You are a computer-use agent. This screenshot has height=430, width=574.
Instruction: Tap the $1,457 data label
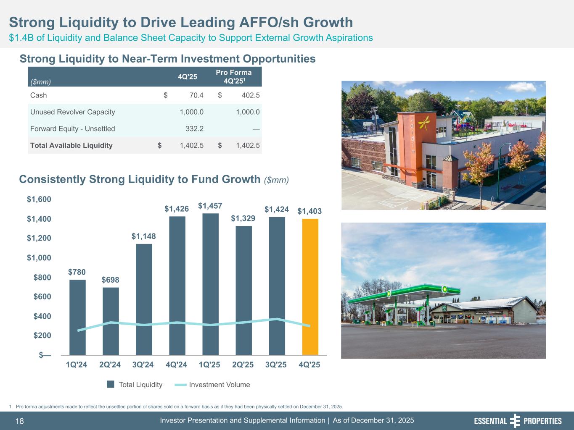pyautogui.click(x=210, y=206)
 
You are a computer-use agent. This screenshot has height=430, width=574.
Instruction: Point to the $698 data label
pyautogui.click(x=110, y=280)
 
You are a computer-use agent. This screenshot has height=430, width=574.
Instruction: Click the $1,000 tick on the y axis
pyautogui.click(x=39, y=257)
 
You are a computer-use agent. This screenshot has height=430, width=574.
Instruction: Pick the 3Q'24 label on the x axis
pyautogui.click(x=143, y=364)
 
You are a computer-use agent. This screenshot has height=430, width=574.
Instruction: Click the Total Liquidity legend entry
pyautogui.click(x=135, y=385)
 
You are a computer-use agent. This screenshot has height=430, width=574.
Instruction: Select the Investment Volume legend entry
pyautogui.click(x=213, y=385)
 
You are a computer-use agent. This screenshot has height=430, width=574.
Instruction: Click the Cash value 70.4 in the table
pyautogui.click(x=196, y=95)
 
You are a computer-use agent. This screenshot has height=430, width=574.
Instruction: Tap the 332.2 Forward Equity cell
pyautogui.click(x=195, y=128)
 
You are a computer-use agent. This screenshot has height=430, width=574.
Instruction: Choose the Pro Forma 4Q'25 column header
pyautogui.click(x=234, y=76)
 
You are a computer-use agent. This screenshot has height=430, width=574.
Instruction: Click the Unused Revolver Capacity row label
pyautogui.click(x=72, y=112)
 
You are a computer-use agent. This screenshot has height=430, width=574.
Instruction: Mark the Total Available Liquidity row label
pyautogui.click(x=71, y=145)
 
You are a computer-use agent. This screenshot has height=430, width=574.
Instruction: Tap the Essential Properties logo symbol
pyautogui.click(x=515, y=421)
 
